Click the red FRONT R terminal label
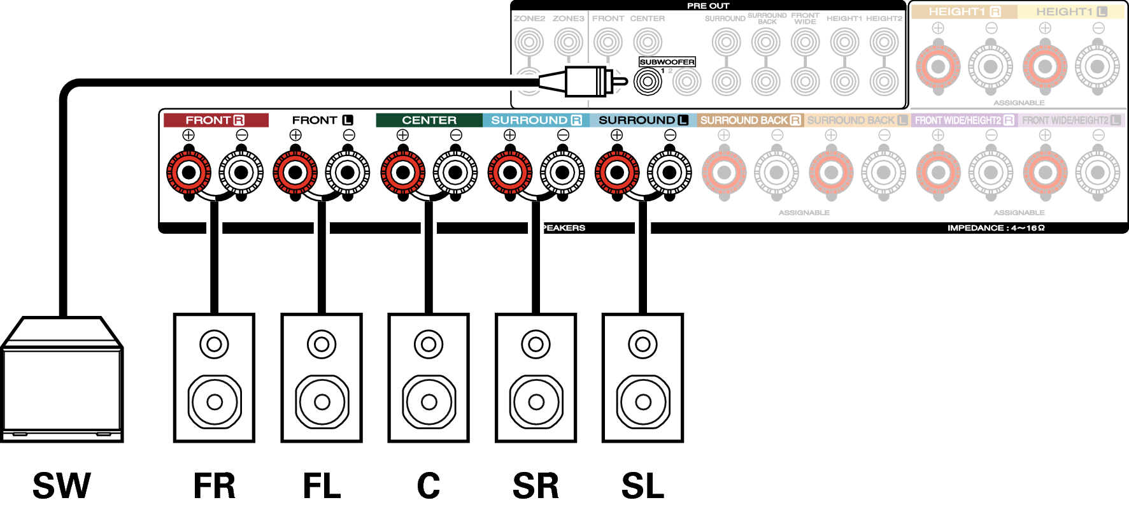point(215,120)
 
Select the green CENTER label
point(429,120)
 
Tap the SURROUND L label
point(643,120)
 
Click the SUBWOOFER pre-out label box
point(667,62)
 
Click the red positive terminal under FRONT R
point(188,172)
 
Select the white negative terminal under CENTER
point(455,172)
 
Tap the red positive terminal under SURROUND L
point(616,172)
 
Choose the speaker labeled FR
point(214,378)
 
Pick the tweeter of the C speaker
point(429,345)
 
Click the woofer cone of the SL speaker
point(643,402)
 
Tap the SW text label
point(62,485)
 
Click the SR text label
point(536,485)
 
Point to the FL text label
point(322,485)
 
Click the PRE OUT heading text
point(708,6)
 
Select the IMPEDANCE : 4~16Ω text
point(996,228)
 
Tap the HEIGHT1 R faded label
point(964,11)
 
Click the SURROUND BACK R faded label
point(750,120)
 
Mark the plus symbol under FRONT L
point(295,135)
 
